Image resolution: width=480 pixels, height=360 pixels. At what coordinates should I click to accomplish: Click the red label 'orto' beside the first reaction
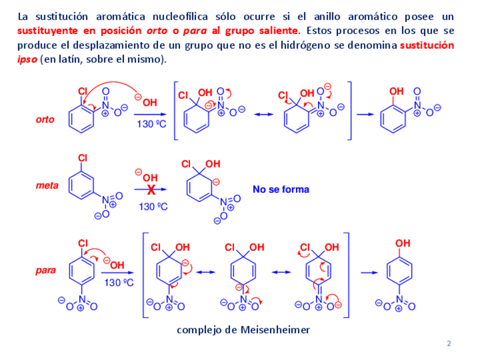pyautogui.click(x=45, y=119)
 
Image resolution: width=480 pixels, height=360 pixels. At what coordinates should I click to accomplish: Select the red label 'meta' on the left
pyautogui.click(x=47, y=185)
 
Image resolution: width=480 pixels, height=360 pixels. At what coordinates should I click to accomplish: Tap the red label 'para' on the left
pyautogui.click(x=45, y=271)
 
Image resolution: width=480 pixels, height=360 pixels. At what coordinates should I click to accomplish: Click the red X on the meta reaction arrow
pyautogui.click(x=151, y=190)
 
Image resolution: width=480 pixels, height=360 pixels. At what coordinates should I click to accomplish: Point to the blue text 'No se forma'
pyautogui.click(x=281, y=190)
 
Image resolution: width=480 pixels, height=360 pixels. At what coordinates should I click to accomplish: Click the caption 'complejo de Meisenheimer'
pyautogui.click(x=243, y=330)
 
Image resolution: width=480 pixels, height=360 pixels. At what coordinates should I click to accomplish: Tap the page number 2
pyautogui.click(x=449, y=344)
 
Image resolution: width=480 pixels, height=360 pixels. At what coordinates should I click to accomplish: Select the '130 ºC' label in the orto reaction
pyautogui.click(x=151, y=124)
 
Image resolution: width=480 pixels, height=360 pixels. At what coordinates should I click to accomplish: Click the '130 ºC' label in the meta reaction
pyautogui.click(x=153, y=207)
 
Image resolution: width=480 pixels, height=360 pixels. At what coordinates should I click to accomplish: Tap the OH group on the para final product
pyautogui.click(x=402, y=243)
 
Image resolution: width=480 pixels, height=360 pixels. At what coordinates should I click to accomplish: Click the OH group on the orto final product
pyautogui.click(x=396, y=91)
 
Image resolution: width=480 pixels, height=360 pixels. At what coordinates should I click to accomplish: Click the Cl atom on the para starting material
pyautogui.click(x=83, y=243)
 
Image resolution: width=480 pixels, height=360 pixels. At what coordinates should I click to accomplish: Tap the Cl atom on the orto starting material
pyautogui.click(x=83, y=91)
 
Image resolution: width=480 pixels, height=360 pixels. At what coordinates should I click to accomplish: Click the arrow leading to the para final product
pyautogui.click(x=369, y=273)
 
